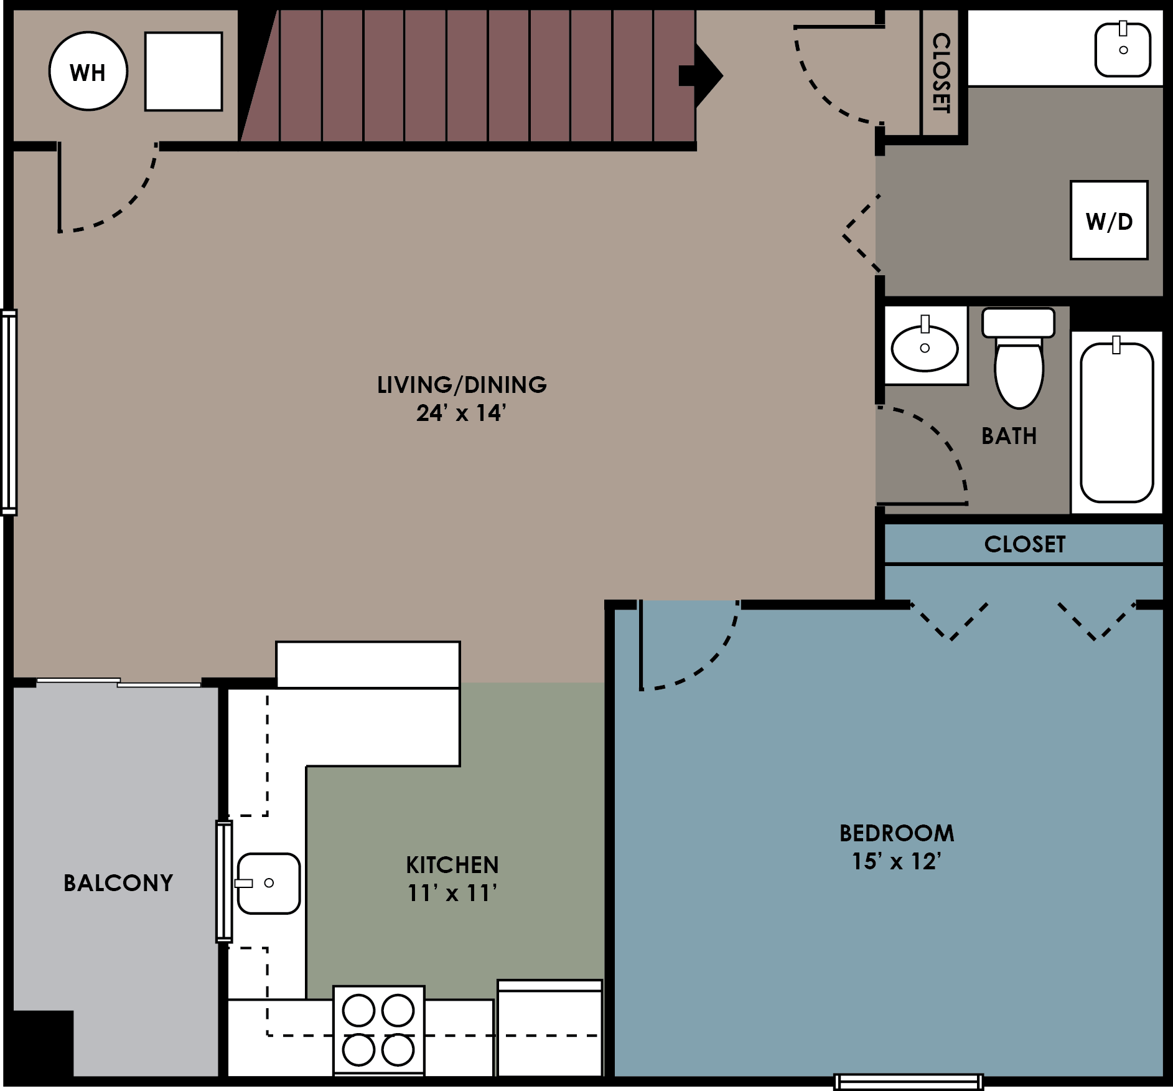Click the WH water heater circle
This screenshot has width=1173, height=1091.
click(x=88, y=72)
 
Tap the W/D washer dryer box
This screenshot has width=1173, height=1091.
click(x=1109, y=220)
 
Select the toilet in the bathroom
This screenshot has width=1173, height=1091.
click(x=1019, y=364)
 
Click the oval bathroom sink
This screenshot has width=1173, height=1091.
click(x=925, y=348)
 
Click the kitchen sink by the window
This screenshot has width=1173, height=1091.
click(x=269, y=883)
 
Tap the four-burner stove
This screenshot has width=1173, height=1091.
click(x=378, y=1030)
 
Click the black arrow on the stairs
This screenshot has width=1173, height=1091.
click(x=703, y=75)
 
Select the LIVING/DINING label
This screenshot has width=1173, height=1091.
click(x=462, y=385)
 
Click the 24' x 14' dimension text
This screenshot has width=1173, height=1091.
click(x=461, y=413)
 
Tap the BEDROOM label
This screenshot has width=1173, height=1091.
click(x=897, y=833)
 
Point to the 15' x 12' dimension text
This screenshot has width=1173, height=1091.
click(x=896, y=862)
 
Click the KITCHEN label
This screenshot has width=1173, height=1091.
click(x=452, y=865)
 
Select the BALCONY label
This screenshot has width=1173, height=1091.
click(x=118, y=883)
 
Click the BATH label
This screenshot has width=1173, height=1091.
click(x=1009, y=436)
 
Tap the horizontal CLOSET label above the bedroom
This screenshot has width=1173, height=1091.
click(x=1024, y=544)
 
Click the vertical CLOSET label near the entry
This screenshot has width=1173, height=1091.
click(x=941, y=73)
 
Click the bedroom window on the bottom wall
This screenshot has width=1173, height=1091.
click(x=908, y=1082)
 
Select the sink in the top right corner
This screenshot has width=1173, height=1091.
click(x=1123, y=50)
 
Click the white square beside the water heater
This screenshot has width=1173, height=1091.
click(x=184, y=72)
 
